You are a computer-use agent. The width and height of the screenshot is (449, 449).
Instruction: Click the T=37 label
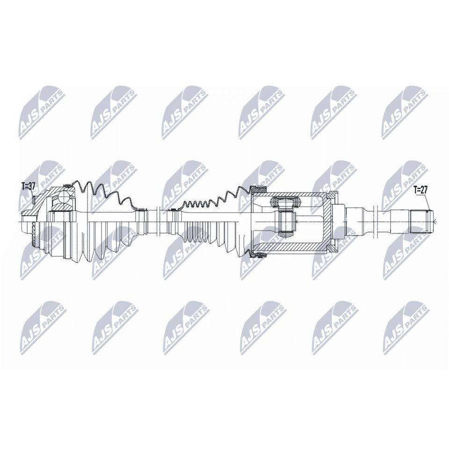point(29,186)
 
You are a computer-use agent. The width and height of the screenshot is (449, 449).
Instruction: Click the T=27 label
point(420,189)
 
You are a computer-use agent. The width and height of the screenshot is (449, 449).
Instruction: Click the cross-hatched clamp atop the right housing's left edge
point(259,188)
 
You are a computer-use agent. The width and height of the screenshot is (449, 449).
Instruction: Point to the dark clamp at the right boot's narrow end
point(173,210)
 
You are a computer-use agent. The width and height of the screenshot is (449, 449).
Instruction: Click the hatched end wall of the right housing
point(326,221)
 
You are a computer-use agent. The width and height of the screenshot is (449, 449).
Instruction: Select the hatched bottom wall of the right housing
point(289,246)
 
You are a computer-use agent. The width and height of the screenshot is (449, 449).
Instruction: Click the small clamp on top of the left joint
point(67,186)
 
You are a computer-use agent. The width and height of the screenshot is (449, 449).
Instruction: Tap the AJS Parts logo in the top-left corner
point(42,112)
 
